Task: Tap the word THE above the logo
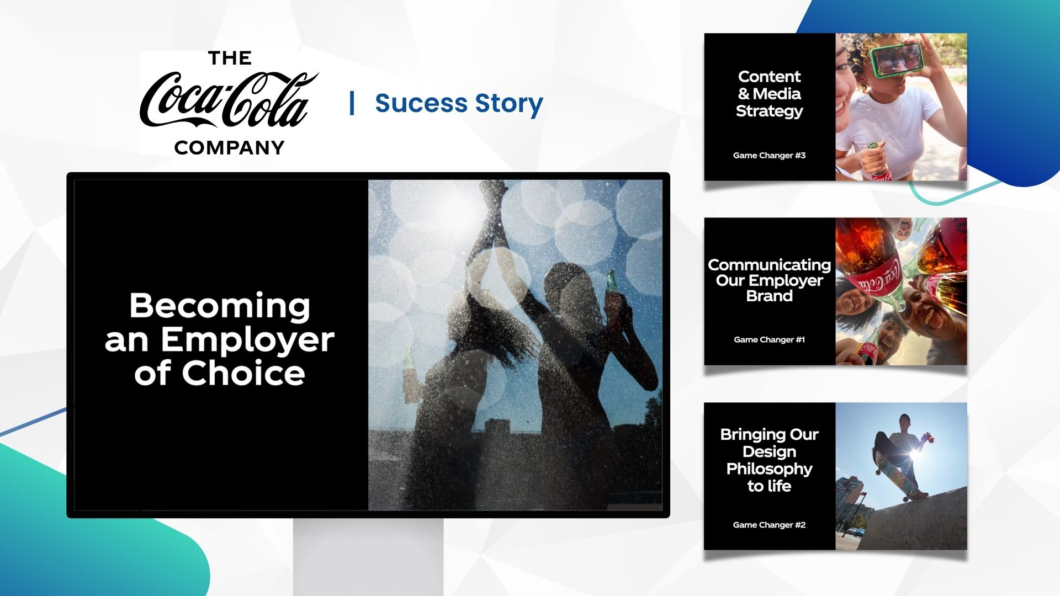click(230, 58)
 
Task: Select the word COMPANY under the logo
click(229, 147)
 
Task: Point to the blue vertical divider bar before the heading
click(352, 103)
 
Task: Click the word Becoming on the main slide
click(220, 306)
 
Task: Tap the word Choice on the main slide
click(243, 373)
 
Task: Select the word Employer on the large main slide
click(247, 340)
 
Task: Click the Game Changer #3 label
click(769, 156)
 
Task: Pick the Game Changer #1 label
click(769, 340)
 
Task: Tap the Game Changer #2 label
click(769, 525)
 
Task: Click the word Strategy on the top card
click(769, 111)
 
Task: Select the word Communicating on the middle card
click(769, 265)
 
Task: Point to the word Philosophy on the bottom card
click(769, 469)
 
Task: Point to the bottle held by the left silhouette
click(409, 375)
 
